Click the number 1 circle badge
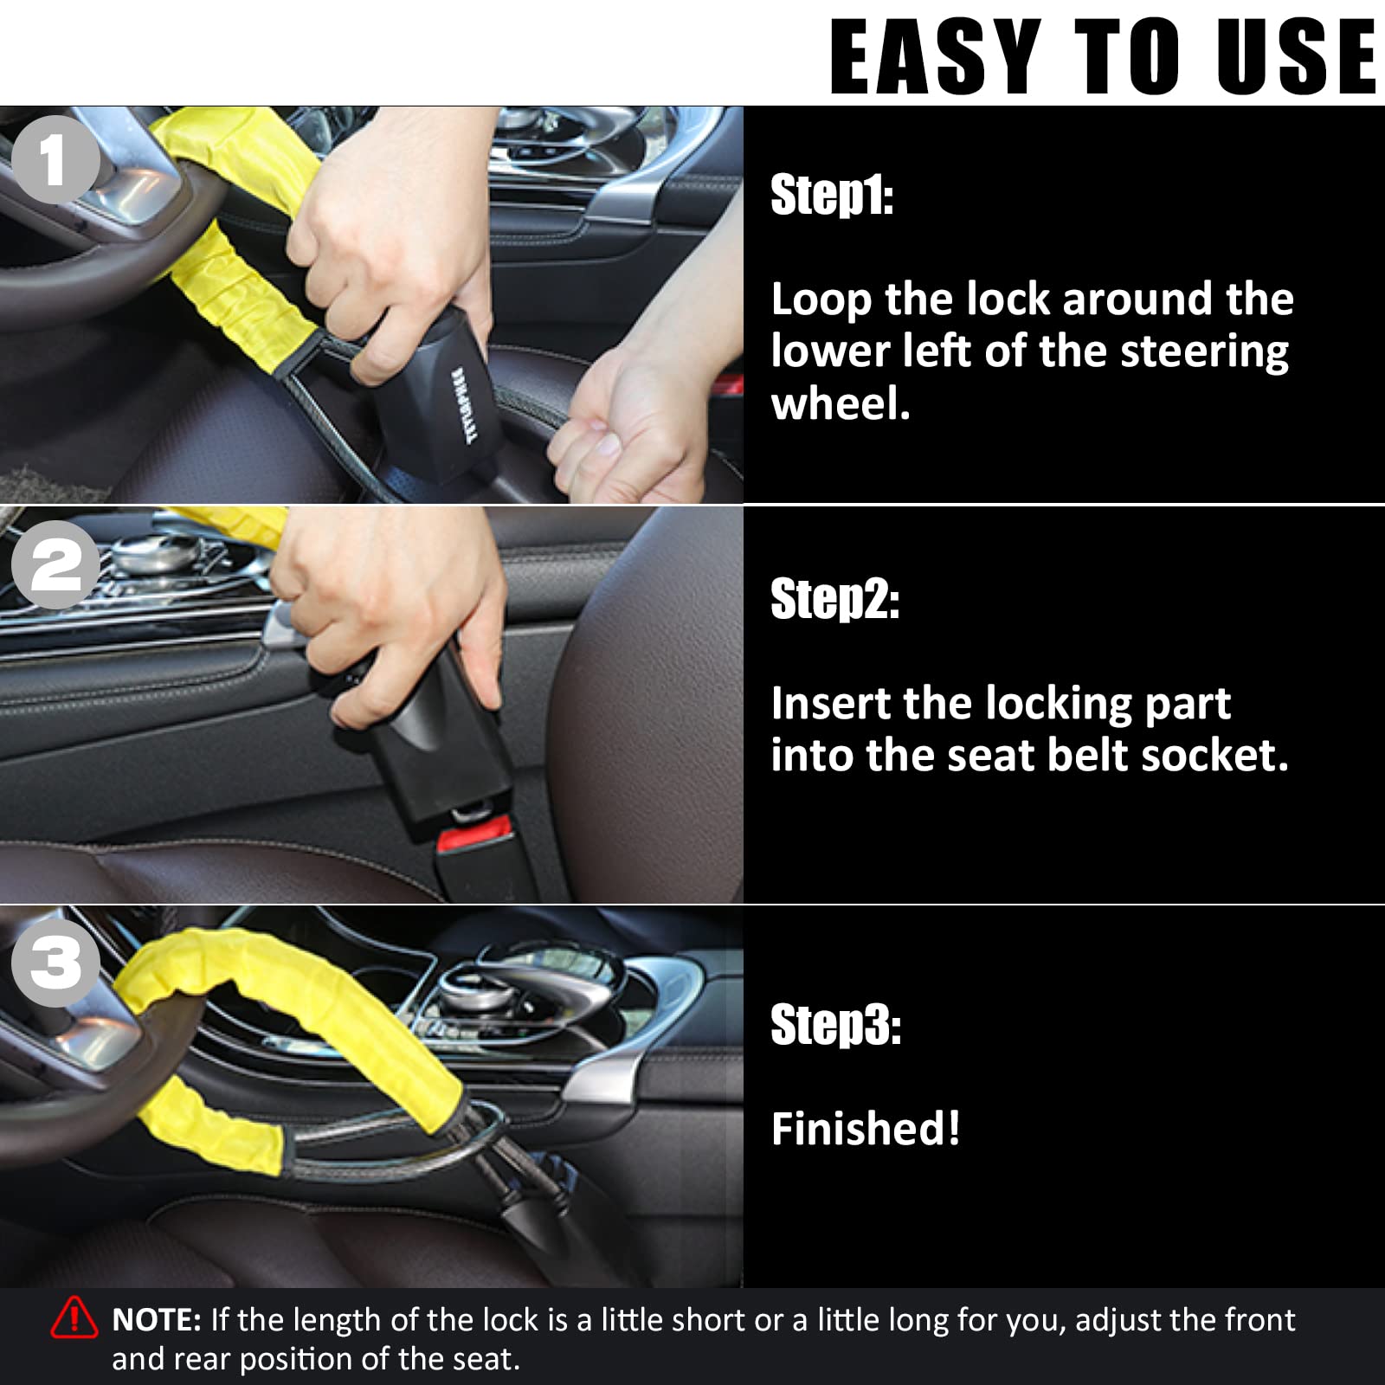pos(55,159)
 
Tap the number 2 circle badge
pos(55,564)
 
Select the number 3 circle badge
pos(55,963)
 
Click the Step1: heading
pos(832,195)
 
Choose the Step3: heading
pos(836,1025)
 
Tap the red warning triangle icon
pos(74,1318)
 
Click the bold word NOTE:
pos(157,1320)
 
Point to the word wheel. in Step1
pos(841,404)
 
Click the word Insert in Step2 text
pos(831,703)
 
